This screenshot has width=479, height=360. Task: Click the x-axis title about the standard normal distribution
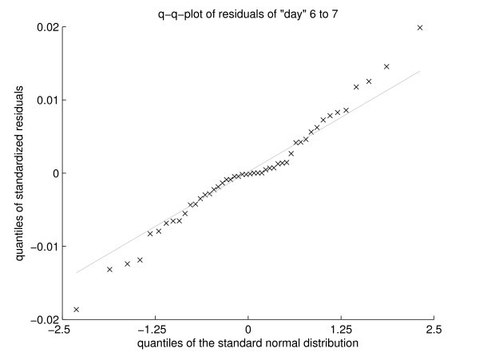(247, 343)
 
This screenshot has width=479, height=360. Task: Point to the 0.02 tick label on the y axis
(44, 28)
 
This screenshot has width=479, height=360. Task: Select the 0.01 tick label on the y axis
(44, 101)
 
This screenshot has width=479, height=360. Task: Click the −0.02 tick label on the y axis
(41, 319)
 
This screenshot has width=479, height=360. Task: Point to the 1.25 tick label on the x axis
(341, 329)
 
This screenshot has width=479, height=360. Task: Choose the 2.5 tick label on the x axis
(433, 329)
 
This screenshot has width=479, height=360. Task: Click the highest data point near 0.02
(420, 28)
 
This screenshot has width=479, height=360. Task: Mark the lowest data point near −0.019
(77, 309)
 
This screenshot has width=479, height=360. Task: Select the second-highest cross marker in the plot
(386, 66)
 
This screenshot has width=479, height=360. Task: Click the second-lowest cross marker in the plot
(109, 269)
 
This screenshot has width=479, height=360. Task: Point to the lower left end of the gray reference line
(77, 273)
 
